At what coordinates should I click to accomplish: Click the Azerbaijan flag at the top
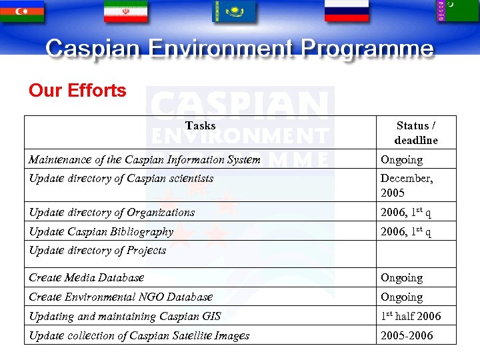(23, 11)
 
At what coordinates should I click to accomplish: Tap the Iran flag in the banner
(125, 11)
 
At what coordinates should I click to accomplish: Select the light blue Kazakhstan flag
(234, 11)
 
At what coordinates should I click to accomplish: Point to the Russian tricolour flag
(346, 11)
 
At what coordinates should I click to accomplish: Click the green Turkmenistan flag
(457, 11)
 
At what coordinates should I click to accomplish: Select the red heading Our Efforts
(77, 91)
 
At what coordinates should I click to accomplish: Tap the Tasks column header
(200, 125)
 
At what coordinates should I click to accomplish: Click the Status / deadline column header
(416, 133)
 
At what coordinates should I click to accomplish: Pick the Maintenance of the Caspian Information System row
(144, 159)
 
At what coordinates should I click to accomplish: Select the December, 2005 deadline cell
(407, 185)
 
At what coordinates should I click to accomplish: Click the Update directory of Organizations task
(112, 212)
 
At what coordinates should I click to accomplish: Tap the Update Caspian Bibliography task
(101, 231)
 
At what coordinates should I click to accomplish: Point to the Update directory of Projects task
(97, 250)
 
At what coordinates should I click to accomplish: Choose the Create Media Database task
(87, 277)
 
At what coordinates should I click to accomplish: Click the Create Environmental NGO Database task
(121, 297)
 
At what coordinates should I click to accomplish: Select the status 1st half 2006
(411, 316)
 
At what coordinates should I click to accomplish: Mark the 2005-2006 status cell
(407, 335)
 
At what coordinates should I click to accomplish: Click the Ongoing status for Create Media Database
(401, 277)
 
